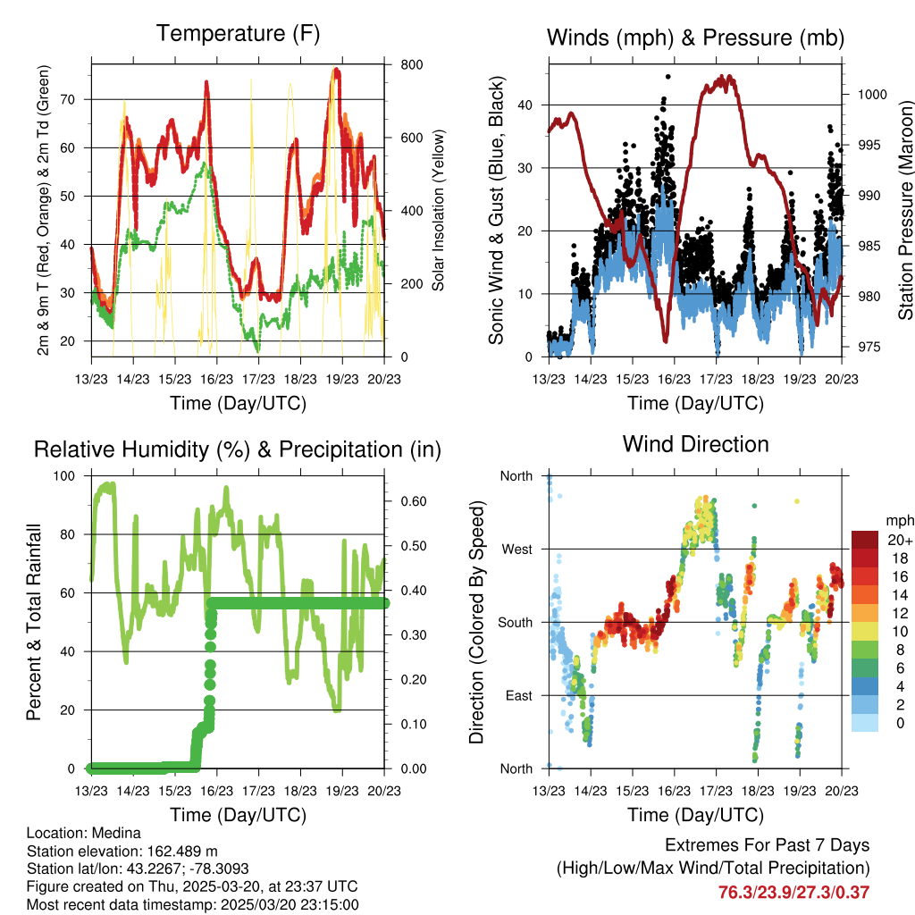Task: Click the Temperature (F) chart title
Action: [238, 34]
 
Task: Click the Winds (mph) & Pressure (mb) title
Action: [695, 38]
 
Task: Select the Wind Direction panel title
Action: [695, 444]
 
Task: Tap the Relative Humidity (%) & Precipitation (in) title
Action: [238, 449]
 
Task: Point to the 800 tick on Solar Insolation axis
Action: [399, 65]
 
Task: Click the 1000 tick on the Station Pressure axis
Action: [871, 94]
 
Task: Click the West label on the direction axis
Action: [516, 550]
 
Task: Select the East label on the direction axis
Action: [517, 695]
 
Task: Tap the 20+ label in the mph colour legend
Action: [900, 540]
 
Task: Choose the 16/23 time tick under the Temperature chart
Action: [216, 379]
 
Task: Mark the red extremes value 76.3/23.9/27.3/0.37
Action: [793, 892]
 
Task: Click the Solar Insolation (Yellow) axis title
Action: [439, 211]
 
